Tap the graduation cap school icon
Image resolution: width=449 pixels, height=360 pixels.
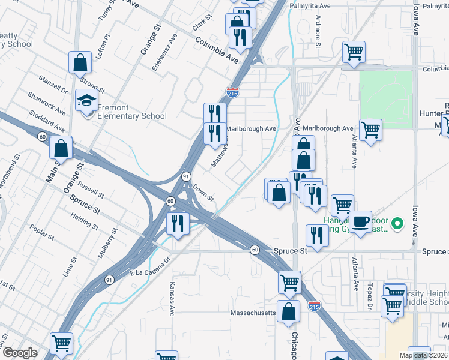point(86,100)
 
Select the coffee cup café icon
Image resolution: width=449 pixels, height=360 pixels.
point(361,221)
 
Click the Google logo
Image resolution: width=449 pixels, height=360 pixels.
point(20,353)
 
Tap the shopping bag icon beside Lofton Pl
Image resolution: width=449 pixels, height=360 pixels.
point(80,62)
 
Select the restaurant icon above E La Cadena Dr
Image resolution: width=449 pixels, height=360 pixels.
point(177,224)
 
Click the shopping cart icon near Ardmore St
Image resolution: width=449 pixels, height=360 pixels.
point(354,52)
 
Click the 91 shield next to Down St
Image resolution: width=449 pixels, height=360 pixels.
point(187,176)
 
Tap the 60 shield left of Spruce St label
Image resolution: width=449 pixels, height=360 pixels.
point(255,250)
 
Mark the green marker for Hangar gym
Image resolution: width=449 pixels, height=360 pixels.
point(396,225)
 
